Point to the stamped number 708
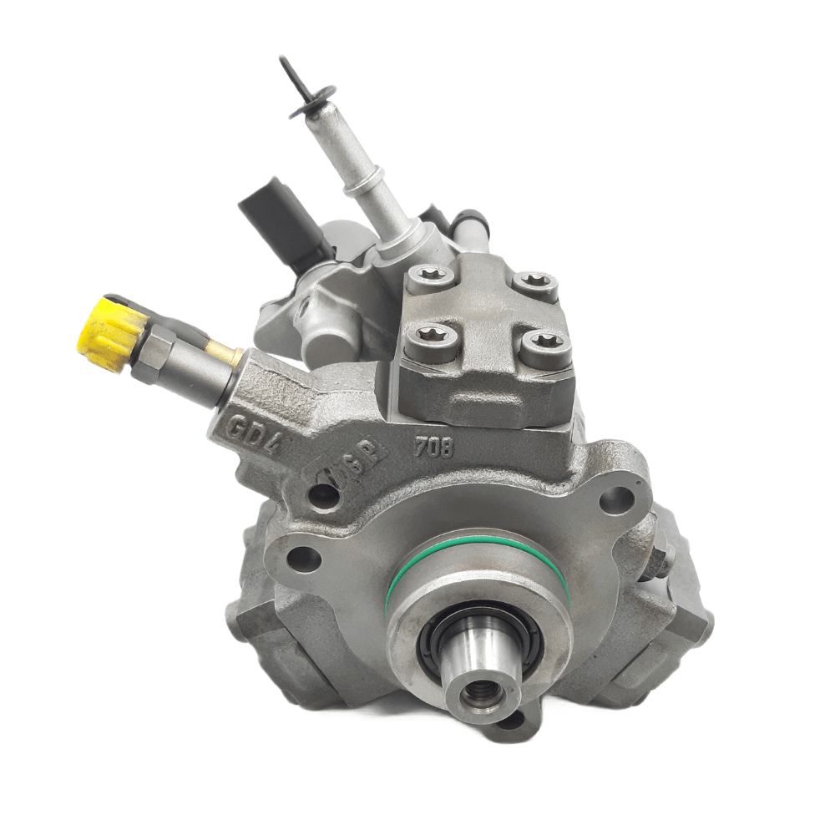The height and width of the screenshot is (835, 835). coord(434,449)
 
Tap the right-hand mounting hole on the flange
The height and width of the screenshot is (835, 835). coord(616,500)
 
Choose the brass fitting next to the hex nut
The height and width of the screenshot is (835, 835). coord(223,354)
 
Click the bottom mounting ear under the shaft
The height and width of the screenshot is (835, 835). coord(511,720)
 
